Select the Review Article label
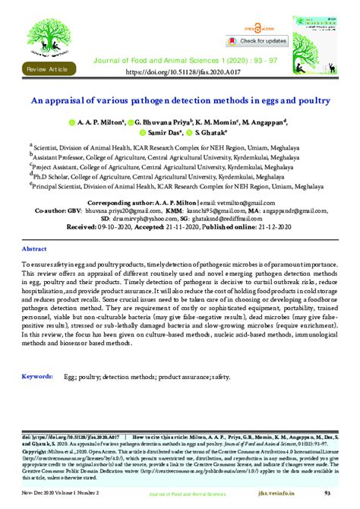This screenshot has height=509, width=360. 47,69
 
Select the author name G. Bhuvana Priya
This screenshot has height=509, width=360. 162,122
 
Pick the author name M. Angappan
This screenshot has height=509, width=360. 261,122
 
